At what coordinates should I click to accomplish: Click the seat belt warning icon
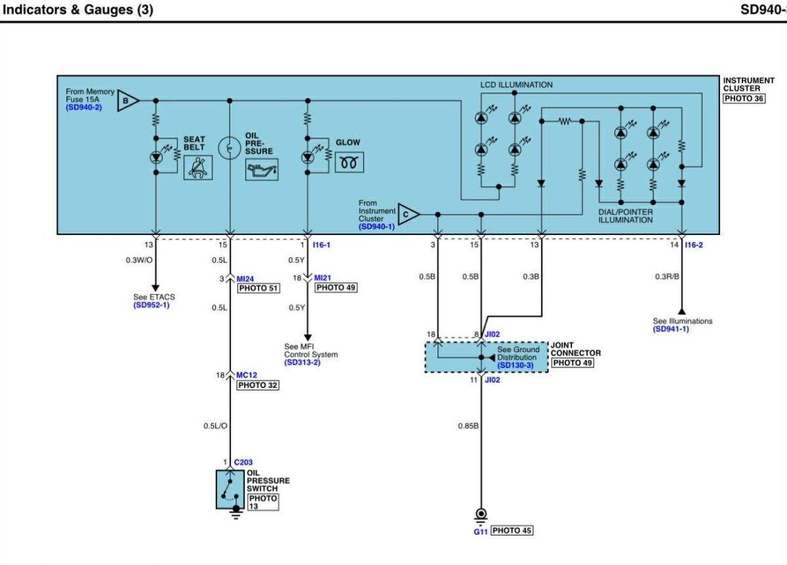click(x=198, y=168)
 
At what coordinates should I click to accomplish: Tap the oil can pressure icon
click(x=262, y=169)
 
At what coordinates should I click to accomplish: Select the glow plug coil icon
click(x=349, y=162)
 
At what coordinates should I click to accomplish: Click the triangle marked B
click(x=128, y=100)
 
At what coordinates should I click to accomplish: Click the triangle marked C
click(x=409, y=214)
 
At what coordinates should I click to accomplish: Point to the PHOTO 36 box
click(x=744, y=98)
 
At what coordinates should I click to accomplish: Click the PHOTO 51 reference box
click(x=258, y=288)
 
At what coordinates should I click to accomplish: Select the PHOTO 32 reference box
click(x=258, y=385)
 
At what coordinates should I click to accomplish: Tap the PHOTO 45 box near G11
click(x=512, y=530)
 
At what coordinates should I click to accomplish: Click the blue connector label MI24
click(x=245, y=279)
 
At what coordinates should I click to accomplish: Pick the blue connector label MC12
click(x=247, y=375)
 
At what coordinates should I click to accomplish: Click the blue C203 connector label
click(x=243, y=463)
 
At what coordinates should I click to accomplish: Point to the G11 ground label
click(x=480, y=532)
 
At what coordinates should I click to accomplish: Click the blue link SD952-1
click(x=151, y=305)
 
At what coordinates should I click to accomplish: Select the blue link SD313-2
click(x=302, y=362)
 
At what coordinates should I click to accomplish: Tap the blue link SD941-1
click(x=671, y=329)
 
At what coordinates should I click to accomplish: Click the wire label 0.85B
click(x=468, y=426)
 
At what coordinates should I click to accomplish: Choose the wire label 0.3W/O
click(x=139, y=260)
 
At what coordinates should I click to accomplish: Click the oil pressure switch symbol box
click(x=230, y=490)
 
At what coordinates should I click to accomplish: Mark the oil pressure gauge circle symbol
click(x=230, y=148)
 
